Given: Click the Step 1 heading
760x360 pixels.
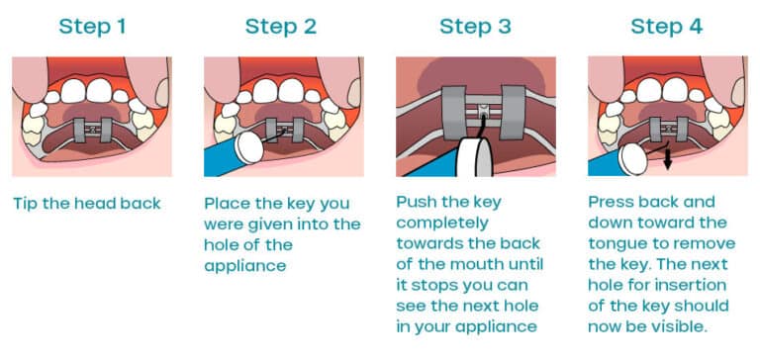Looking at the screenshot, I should [x=91, y=26].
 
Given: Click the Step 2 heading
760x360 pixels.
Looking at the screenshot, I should [x=281, y=26].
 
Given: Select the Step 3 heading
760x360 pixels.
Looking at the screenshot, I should [x=475, y=26].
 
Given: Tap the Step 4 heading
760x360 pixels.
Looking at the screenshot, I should [x=667, y=26].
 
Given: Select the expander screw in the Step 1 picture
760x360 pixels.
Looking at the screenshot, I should [x=91, y=129].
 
